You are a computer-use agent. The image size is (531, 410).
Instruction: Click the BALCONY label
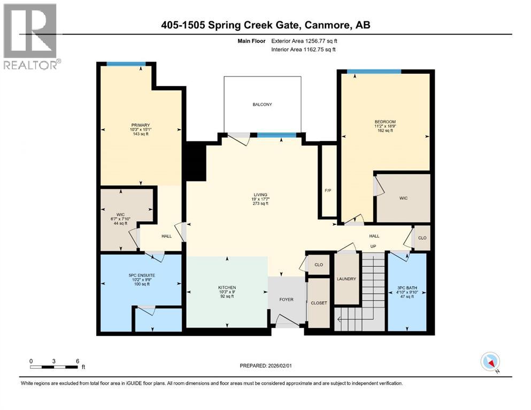262,105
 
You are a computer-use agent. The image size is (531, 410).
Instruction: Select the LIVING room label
260,195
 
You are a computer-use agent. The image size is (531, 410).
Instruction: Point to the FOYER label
286,299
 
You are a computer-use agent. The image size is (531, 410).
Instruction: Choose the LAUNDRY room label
347,279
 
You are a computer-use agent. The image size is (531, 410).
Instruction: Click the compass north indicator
490,362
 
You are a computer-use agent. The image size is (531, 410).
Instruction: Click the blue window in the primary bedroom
126,65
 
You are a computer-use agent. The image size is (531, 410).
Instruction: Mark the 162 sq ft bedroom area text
385,130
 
